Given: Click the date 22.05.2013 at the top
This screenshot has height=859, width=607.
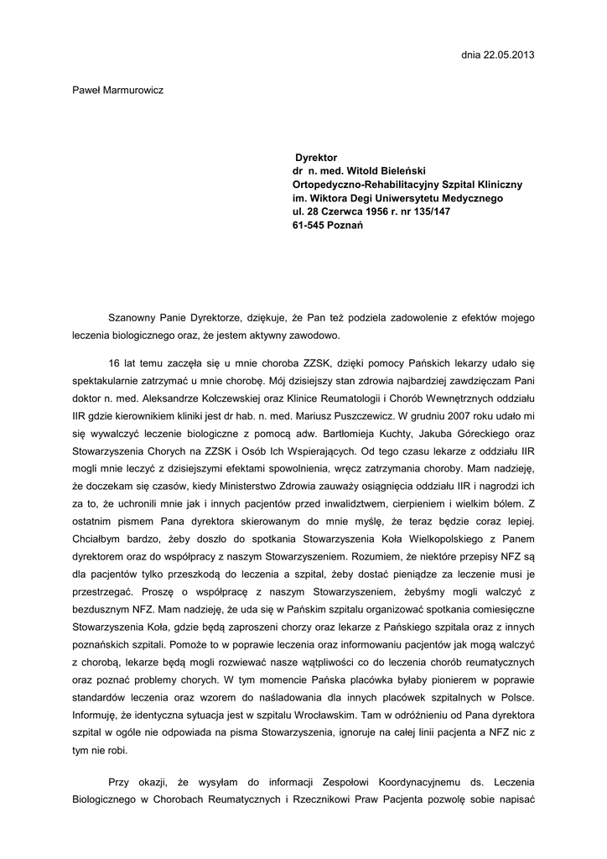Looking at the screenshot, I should [x=508, y=55].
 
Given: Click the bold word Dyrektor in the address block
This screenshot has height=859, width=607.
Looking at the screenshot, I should [x=315, y=157].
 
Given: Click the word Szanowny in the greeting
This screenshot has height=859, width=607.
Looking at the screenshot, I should [x=132, y=319].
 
